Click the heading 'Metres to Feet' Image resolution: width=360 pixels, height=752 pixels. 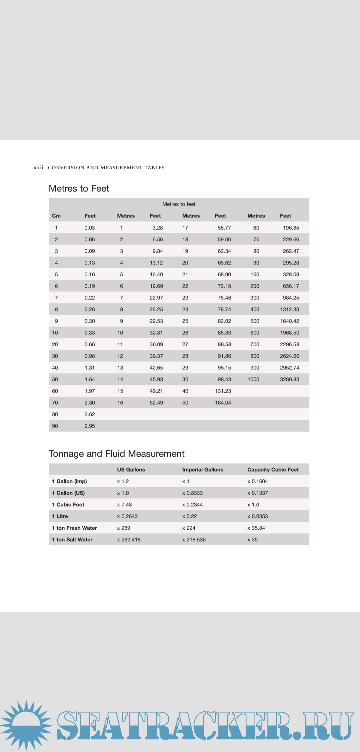point(79,189)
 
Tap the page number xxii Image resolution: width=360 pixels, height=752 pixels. point(38,168)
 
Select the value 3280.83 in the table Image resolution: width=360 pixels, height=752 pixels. point(289,379)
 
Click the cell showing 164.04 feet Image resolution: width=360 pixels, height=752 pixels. point(223,403)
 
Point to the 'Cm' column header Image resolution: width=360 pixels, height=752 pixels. point(56,216)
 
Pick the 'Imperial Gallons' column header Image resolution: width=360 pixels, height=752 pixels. point(203,470)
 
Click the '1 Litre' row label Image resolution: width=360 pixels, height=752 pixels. point(60,516)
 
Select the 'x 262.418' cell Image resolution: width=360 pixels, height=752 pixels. point(129,540)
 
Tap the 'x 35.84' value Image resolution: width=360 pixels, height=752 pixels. point(256,528)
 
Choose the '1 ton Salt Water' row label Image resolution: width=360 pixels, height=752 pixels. point(72,540)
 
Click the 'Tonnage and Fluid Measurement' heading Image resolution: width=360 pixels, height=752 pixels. point(116,454)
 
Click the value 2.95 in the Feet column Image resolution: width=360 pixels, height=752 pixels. point(90,426)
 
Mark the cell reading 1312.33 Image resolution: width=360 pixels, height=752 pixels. point(289,310)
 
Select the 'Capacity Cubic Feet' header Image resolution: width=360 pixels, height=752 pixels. point(273,470)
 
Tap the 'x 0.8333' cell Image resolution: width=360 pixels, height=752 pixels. point(192,493)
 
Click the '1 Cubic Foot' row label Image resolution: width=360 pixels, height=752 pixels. point(68,505)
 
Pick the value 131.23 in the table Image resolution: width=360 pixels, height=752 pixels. point(223,391)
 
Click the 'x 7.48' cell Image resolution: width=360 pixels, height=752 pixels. point(124,505)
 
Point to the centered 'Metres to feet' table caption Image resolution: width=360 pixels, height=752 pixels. point(179,204)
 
